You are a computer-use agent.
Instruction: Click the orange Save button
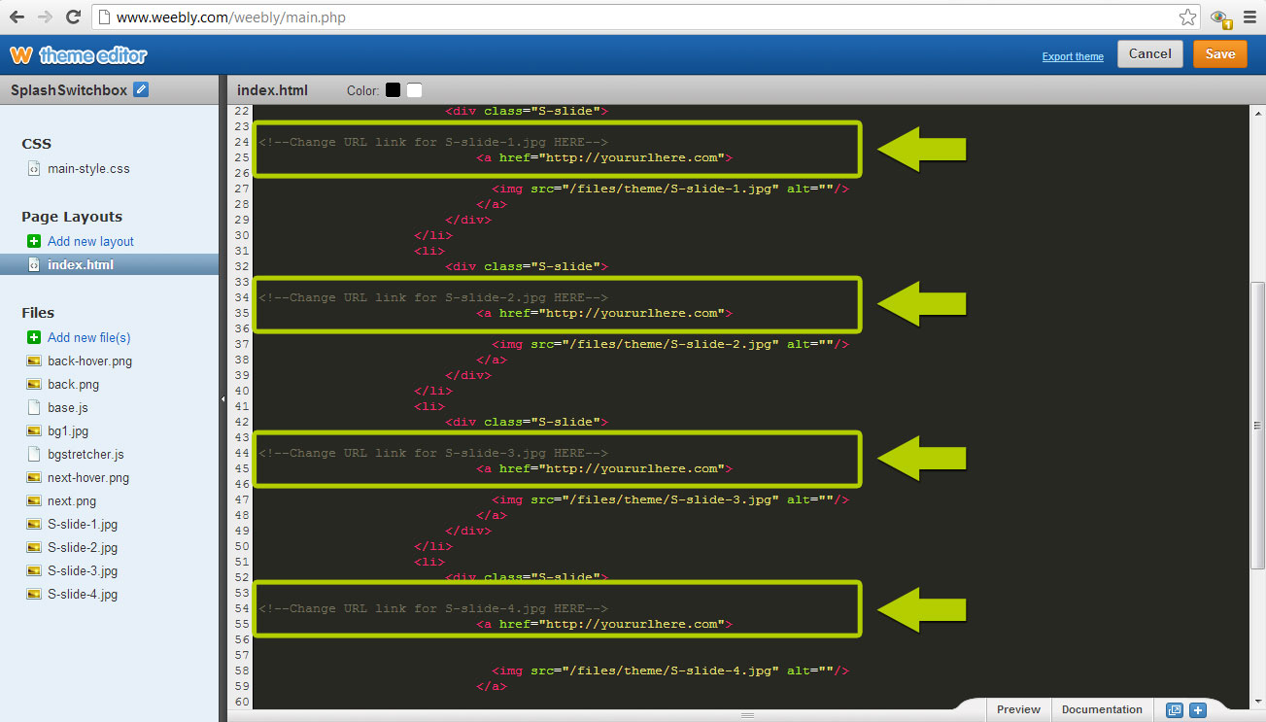(1219, 53)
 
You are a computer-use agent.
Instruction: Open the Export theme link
(1073, 56)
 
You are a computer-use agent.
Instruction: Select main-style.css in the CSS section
(88, 168)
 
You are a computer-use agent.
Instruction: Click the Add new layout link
(90, 241)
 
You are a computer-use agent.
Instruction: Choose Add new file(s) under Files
(88, 337)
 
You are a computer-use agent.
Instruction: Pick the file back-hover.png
(89, 361)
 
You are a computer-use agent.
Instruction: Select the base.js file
(68, 407)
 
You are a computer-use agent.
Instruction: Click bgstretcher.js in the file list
(86, 454)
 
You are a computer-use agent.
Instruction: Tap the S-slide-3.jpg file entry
(83, 570)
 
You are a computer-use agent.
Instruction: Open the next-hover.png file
(88, 477)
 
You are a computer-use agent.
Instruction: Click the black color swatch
(393, 90)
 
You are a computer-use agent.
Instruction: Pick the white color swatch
(415, 90)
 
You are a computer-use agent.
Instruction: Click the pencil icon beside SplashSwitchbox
(142, 90)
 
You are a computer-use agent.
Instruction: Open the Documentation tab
(1102, 709)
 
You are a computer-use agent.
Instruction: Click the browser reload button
(73, 17)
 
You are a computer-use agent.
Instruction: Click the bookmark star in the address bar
(1187, 17)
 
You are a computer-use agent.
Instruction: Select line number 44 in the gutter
(242, 453)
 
